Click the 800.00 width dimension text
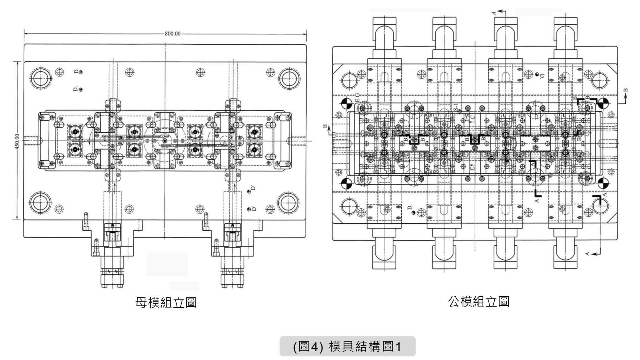pos(173,34)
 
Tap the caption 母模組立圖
pos(166,302)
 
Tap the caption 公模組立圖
pos(479,301)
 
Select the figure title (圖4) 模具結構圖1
pos(347,346)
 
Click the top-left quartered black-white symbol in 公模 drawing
pos(345,103)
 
